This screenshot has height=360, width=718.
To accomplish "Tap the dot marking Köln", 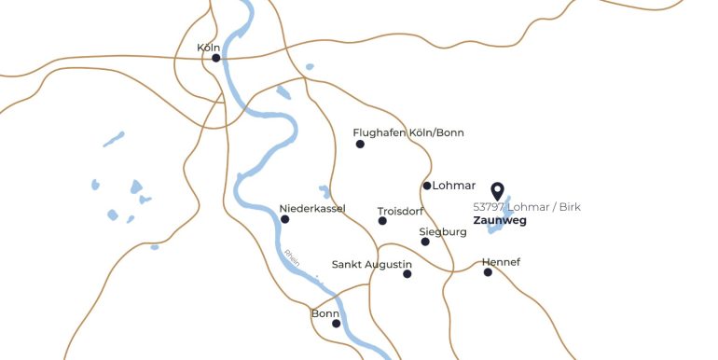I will (216, 58).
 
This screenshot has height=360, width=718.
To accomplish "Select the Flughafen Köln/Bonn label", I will (408, 132).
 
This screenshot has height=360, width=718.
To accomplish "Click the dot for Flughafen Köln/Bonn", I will (360, 144).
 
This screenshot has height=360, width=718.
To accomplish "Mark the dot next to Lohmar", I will (427, 186).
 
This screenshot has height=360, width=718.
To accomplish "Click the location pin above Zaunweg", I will (497, 191).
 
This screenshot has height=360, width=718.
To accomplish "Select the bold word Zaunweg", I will (500, 221).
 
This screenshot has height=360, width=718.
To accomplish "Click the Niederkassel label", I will (312, 208).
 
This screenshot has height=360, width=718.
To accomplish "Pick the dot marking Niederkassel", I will (285, 219).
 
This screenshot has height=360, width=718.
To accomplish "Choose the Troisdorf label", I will (401, 211).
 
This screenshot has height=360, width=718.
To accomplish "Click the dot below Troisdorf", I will (382, 221).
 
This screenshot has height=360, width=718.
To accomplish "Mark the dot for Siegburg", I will (425, 242).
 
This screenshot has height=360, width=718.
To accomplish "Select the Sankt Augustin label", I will (372, 264).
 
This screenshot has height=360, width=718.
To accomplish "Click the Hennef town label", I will (502, 262).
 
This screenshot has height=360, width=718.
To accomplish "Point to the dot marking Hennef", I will (488, 272).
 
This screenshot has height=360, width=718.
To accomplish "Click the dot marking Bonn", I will (336, 324).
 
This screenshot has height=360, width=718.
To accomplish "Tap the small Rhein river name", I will (290, 257).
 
